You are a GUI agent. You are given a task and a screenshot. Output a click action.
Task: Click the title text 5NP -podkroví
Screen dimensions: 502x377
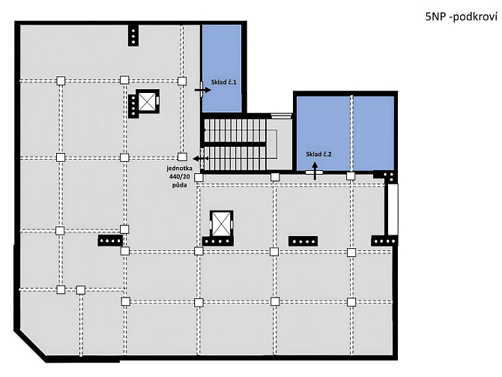[x=461, y=16]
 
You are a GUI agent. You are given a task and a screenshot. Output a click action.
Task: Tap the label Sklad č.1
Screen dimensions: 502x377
[x=223, y=82]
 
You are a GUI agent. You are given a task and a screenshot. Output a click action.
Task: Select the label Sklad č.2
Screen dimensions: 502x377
[x=318, y=154]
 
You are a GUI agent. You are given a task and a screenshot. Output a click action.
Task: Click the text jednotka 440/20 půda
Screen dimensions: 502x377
[x=179, y=176]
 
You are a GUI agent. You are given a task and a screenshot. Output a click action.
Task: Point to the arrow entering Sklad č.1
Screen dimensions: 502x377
[x=202, y=90]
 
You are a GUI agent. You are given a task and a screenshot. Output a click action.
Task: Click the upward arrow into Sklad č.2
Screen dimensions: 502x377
[x=315, y=171]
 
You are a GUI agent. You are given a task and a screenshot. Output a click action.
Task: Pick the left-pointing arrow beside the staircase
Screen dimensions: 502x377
[x=200, y=159]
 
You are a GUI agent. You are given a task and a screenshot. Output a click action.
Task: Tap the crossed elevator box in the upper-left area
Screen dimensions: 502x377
[x=147, y=101]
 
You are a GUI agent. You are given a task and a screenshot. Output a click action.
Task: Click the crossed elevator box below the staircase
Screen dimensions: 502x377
[x=221, y=223]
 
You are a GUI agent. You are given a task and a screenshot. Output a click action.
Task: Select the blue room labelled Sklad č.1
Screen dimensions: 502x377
[x=222, y=68]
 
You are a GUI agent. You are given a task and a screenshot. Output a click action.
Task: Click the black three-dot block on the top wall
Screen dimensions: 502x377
[x=133, y=35]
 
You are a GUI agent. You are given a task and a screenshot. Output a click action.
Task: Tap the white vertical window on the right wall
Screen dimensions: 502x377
[x=393, y=209]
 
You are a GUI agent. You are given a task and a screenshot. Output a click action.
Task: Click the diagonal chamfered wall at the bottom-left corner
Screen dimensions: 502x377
[x=31, y=346]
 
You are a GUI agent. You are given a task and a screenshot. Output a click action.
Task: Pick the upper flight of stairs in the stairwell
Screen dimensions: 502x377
[x=235, y=130]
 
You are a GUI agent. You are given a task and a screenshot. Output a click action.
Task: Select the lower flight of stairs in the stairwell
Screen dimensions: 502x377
[x=235, y=158]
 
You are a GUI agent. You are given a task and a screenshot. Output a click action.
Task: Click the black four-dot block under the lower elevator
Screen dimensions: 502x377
[x=217, y=241]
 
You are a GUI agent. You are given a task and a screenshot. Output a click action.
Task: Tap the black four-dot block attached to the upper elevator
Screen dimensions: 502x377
[x=133, y=106]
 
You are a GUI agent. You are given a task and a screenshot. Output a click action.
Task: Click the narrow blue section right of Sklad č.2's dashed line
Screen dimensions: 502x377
[x=374, y=133]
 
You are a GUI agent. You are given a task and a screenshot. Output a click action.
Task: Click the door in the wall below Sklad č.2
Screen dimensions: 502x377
[x=314, y=172]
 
